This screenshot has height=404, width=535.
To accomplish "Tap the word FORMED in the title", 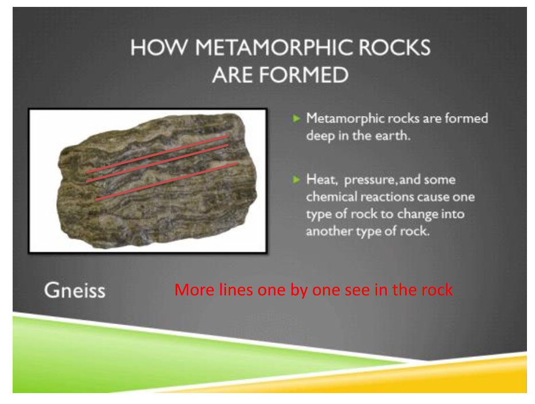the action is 304,75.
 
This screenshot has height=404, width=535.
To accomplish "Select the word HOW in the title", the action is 159,47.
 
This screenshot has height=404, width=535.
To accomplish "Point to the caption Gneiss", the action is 75,291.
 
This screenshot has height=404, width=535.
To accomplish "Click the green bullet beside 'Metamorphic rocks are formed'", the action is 296,118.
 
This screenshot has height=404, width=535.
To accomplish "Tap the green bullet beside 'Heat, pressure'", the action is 296,179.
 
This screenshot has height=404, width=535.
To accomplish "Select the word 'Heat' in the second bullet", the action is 322,179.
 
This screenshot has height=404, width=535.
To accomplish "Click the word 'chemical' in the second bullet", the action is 331,197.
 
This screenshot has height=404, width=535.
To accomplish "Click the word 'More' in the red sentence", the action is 195,290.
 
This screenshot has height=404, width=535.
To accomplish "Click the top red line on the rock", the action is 157,154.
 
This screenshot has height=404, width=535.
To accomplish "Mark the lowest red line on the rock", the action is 166,182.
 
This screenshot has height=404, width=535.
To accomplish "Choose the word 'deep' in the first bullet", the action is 320,136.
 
